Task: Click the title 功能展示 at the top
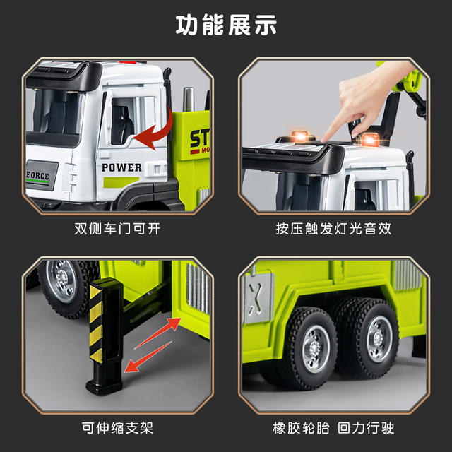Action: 226,25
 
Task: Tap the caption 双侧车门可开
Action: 117,229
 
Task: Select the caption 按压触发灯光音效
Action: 333,229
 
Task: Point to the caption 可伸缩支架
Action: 117,428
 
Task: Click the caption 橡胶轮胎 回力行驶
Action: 333,428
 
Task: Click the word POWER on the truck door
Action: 121,167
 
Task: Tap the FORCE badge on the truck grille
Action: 42,175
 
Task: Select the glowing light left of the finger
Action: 299,136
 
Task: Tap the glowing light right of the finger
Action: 370,140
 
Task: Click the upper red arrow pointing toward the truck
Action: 157,333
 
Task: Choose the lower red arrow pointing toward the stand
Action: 148,357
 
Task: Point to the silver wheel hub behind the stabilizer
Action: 61,281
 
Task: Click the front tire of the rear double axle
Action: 310,348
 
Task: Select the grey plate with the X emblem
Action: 257,297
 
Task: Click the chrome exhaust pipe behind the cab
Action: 189,99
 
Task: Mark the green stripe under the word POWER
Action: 121,182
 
